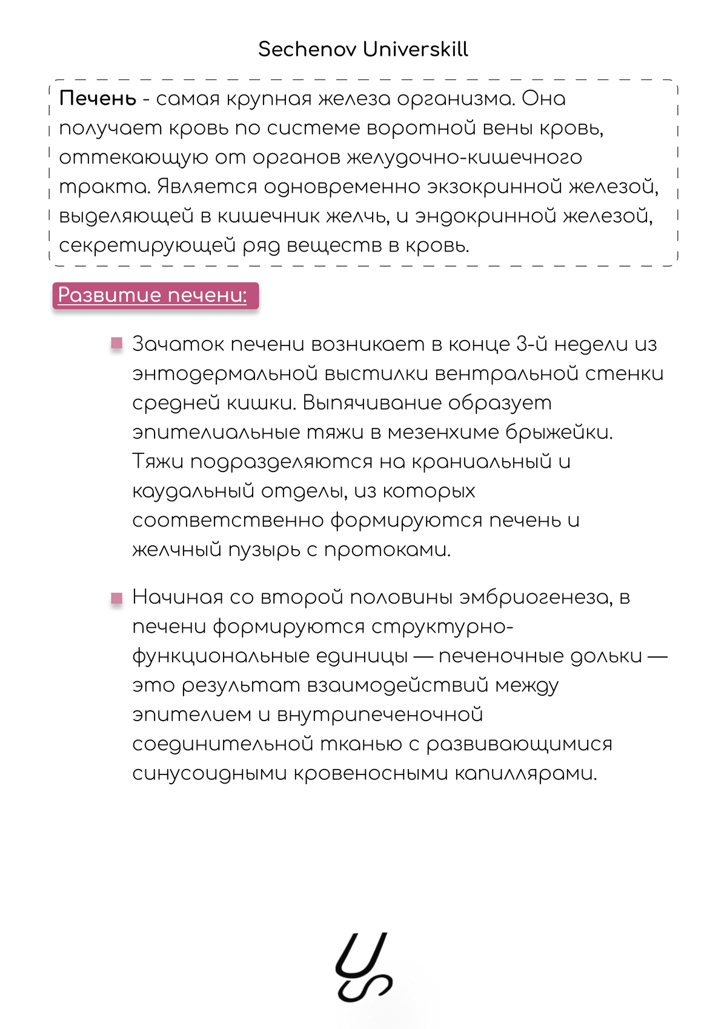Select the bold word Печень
pyautogui.click(x=98, y=99)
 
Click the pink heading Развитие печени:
pyautogui.click(x=153, y=295)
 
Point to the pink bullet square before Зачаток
pyautogui.click(x=117, y=344)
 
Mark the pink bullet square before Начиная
pyautogui.click(x=117, y=598)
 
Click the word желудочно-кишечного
pyautogui.click(x=465, y=158)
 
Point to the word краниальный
pyautogui.click(x=482, y=462)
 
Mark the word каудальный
pyautogui.click(x=193, y=491)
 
